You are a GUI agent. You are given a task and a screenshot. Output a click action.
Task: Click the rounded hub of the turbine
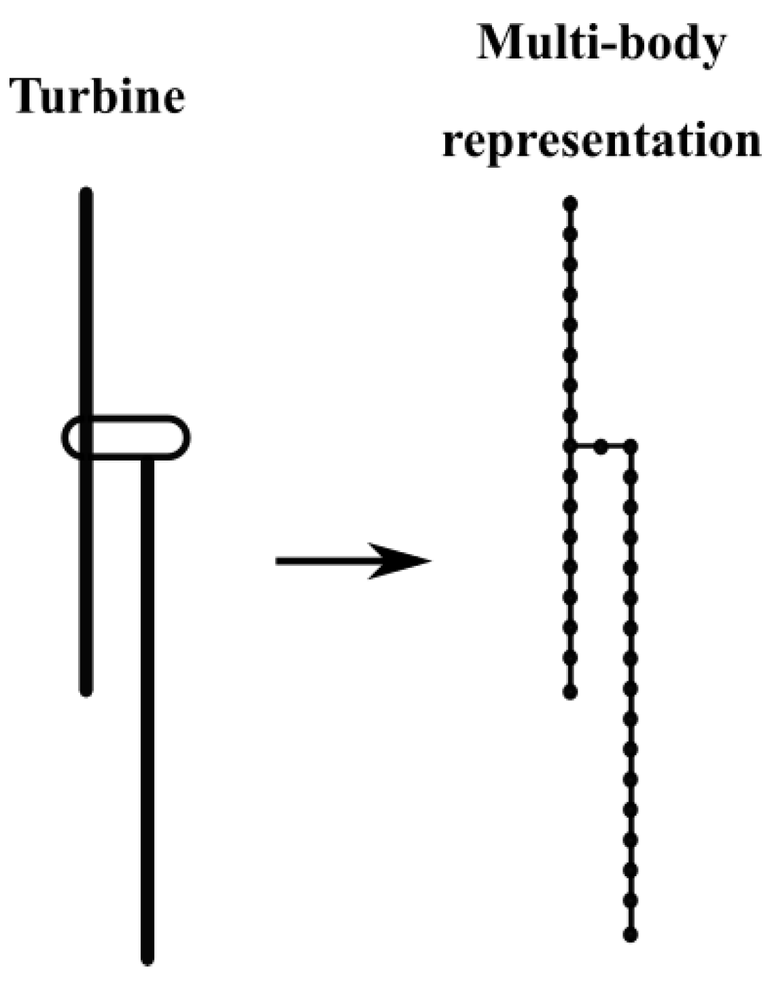126,437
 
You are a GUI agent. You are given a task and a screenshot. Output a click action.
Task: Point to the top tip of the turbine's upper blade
86,192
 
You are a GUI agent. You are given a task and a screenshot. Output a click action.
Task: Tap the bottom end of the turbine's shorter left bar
86,691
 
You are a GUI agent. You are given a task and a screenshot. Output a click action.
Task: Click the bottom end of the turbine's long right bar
147,959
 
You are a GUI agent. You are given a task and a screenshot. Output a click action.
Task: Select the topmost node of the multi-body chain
571,203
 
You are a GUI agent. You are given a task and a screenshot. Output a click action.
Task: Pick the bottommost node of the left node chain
571,692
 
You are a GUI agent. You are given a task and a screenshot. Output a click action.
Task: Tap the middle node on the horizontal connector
601,447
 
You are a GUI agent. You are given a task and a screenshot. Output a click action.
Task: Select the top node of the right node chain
630,446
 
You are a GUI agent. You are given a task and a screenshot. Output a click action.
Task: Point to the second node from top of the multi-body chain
571,234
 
